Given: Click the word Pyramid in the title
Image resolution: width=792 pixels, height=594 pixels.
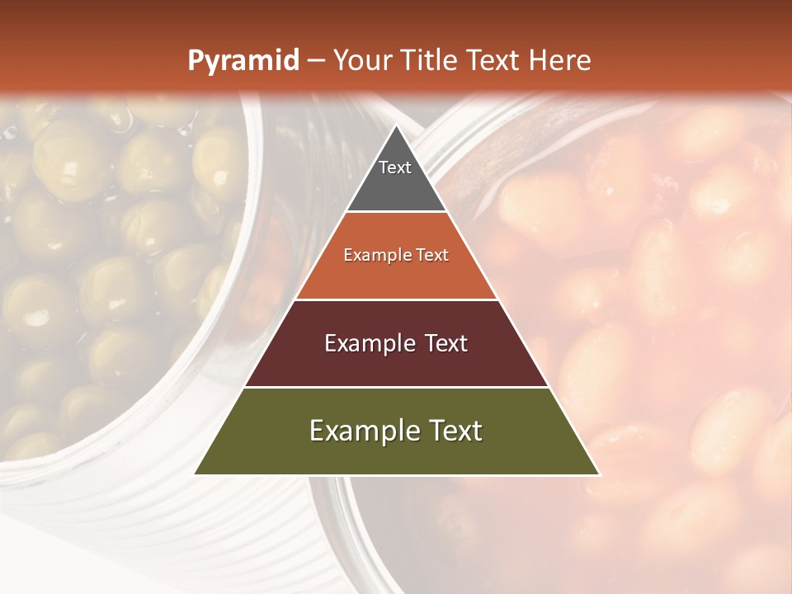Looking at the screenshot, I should coord(243,61).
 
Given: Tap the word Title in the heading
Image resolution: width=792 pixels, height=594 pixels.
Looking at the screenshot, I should coord(424,61).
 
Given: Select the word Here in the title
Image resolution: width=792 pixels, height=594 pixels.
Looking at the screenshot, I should coord(559,61).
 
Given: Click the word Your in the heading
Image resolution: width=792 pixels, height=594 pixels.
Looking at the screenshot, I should coord(362,61).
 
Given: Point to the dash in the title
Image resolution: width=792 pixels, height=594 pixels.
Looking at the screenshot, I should coord(315,61).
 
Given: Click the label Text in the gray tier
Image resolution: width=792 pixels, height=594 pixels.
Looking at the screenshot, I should coord(395,167).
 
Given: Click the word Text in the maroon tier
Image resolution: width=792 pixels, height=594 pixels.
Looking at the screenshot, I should coord(443,343).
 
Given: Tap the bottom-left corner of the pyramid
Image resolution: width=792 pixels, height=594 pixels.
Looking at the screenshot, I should coord(196,474).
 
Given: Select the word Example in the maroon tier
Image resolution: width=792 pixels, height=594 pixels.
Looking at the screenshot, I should coord(368,343).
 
